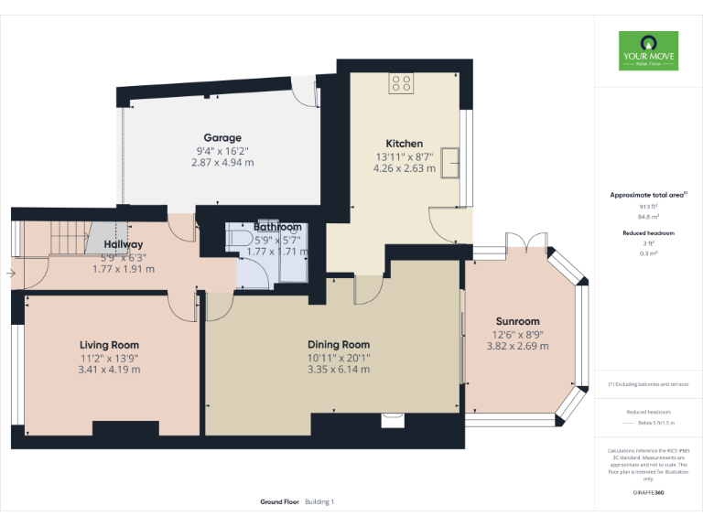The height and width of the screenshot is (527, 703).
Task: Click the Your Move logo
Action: [x=648, y=51]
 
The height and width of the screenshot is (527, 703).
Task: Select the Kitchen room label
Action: [x=404, y=144]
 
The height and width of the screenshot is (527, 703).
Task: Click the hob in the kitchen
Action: [x=401, y=83]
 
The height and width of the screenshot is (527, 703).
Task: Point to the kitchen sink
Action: [x=451, y=162]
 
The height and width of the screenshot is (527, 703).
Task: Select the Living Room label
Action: [x=109, y=345]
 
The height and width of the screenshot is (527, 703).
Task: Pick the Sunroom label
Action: [x=517, y=322]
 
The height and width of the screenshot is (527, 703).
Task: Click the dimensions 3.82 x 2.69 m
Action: [x=517, y=346]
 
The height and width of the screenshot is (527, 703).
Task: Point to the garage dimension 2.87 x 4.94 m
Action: [x=223, y=162]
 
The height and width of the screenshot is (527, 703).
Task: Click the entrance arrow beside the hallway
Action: [x=9, y=273]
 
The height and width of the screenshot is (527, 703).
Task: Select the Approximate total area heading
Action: [x=648, y=195]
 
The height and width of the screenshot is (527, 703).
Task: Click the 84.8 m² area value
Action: [x=648, y=217]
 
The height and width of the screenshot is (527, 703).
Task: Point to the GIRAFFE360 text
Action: [x=648, y=492]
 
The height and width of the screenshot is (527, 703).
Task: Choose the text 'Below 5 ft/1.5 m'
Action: [x=648, y=423]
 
